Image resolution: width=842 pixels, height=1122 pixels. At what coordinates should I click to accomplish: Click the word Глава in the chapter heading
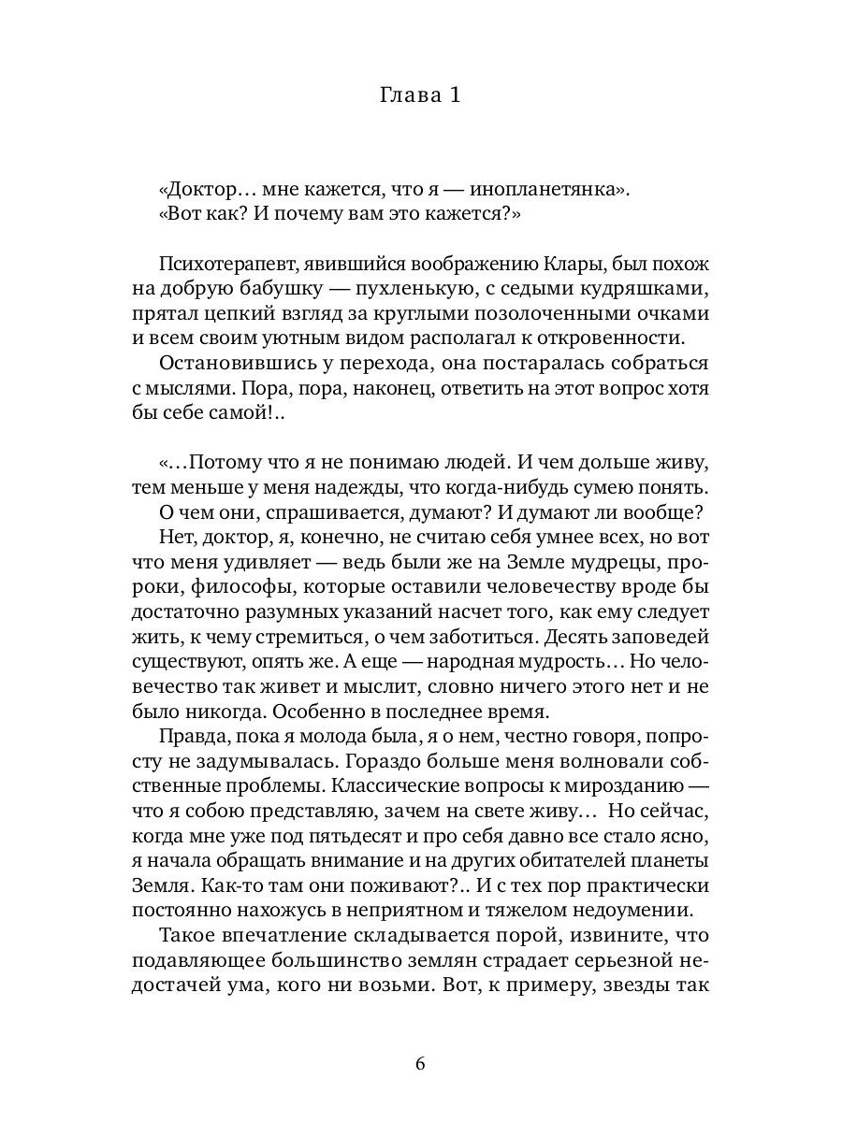407,95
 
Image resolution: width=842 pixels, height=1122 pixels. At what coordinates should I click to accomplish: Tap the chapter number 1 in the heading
455,95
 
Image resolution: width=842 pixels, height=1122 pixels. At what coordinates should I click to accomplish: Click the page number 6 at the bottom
420,1064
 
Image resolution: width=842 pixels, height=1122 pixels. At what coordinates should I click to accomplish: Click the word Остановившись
233,363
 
